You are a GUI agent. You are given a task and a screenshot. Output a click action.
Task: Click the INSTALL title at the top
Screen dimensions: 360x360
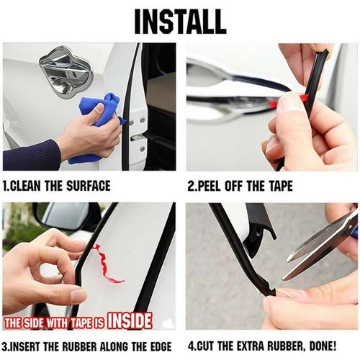pos(180,22)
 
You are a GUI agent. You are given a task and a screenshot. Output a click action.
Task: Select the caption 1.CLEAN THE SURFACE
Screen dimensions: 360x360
pos(57,186)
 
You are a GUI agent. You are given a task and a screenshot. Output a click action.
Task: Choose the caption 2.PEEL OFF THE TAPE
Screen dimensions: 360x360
pos(240,186)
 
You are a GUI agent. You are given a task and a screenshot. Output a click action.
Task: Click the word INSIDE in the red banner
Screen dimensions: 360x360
pos(130,320)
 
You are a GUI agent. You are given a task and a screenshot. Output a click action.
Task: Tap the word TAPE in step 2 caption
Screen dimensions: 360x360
pos(277,186)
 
